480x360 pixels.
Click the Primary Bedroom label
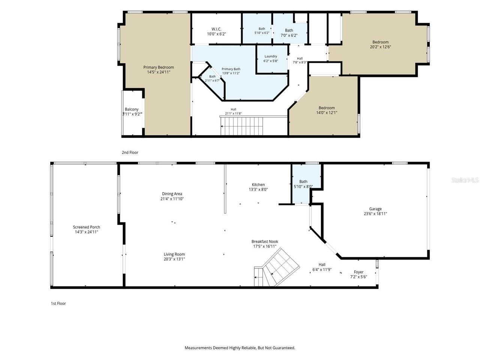coord(158,67)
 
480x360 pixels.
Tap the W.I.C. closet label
coord(216,29)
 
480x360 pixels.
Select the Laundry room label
coord(270,56)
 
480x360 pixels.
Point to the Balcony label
coord(132,109)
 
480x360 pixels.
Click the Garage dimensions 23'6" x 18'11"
coord(375,214)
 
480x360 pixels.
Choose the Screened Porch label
coord(86,227)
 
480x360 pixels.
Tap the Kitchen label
coord(258,185)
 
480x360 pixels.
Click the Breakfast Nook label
coord(265,241)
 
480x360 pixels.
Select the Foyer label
coord(358,272)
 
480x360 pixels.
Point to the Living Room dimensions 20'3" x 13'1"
coord(174,259)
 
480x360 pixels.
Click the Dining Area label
coord(172,194)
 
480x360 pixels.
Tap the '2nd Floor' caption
coord(130,153)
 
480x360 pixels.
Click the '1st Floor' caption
coord(58,303)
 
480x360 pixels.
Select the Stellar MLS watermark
coord(465,180)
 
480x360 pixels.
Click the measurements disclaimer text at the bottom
coord(240,348)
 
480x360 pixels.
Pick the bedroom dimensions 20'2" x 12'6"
coord(380,47)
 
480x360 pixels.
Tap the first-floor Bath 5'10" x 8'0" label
coord(303,184)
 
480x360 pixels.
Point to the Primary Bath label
coord(231,69)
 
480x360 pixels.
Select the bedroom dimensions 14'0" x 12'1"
coord(327,112)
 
